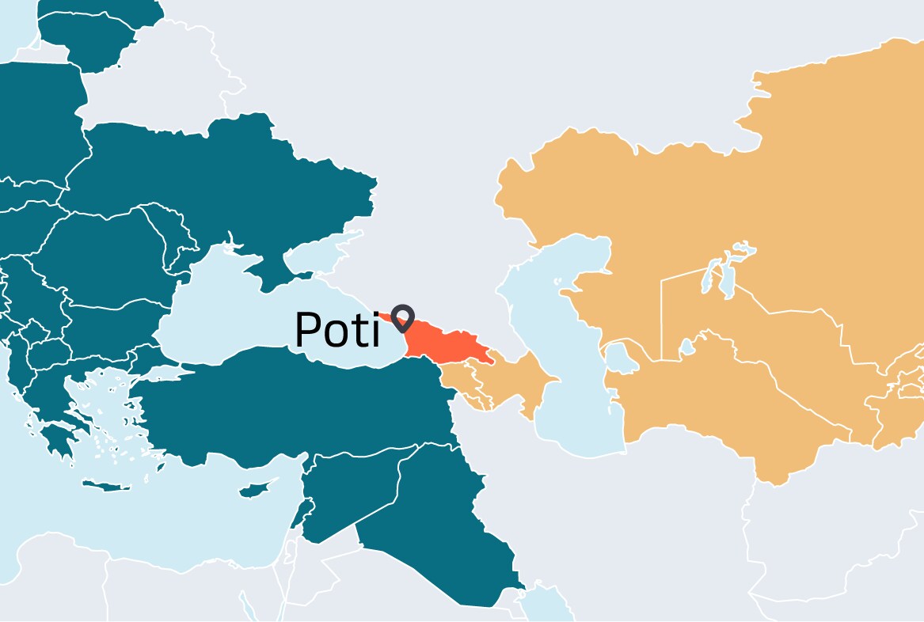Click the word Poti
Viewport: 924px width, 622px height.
coord(337,330)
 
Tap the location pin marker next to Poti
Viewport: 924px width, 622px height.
coord(404,317)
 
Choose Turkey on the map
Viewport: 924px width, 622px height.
coord(301,404)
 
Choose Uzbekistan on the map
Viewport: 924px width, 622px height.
coord(760,332)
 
